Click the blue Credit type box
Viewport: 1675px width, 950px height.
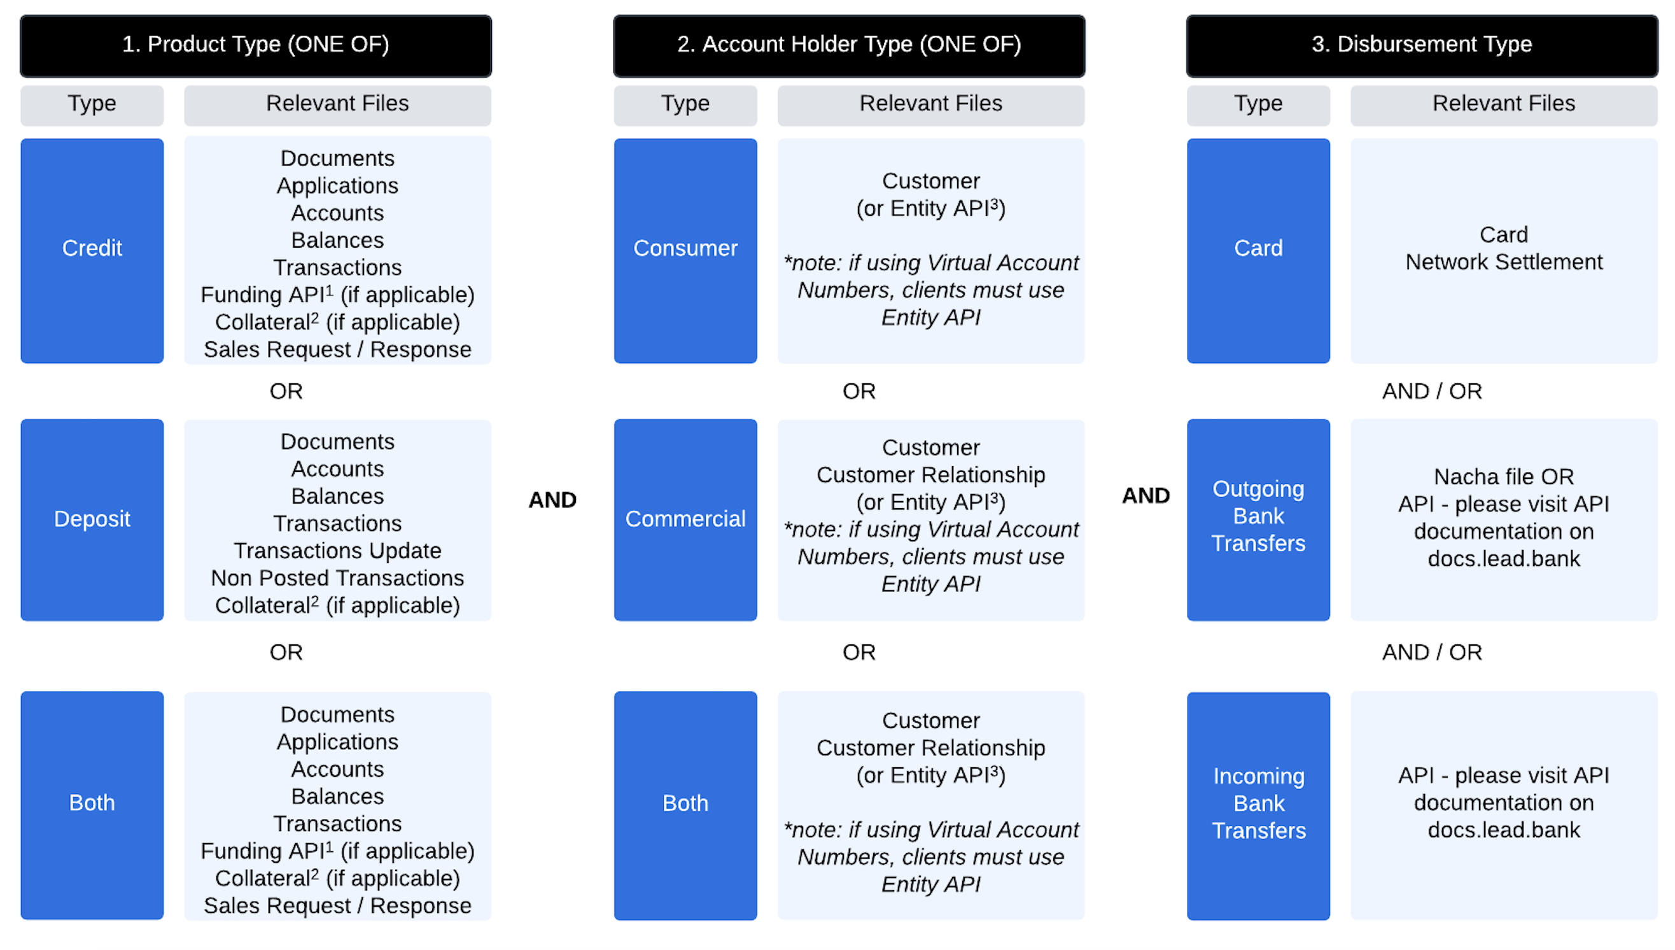point(92,250)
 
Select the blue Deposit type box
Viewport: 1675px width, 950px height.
point(92,520)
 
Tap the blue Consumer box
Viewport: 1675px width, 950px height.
point(685,250)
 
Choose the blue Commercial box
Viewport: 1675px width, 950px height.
point(685,520)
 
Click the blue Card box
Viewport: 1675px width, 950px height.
point(1258,250)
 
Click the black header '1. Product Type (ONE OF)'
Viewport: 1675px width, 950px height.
point(256,45)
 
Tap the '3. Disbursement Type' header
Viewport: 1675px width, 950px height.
point(1421,45)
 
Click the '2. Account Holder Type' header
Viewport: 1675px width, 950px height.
point(849,45)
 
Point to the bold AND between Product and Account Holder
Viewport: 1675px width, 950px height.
point(552,500)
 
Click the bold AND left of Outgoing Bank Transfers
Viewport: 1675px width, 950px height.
point(1145,496)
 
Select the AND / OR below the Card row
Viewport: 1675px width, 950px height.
point(1432,392)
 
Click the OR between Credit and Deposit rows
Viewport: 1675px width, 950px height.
point(286,392)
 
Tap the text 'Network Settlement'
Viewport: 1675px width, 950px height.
point(1503,262)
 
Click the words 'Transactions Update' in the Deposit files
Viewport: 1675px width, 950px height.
point(337,551)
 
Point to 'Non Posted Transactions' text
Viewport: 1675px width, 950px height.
point(337,579)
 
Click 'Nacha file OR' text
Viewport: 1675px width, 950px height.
point(1503,477)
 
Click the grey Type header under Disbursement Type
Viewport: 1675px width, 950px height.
point(1258,104)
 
